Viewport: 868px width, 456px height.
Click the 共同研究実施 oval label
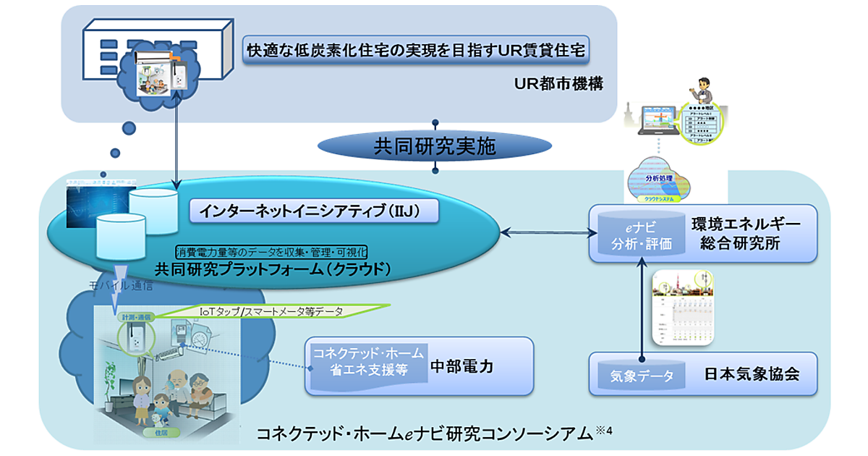pos(435,146)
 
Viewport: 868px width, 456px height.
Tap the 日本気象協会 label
pos(752,375)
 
